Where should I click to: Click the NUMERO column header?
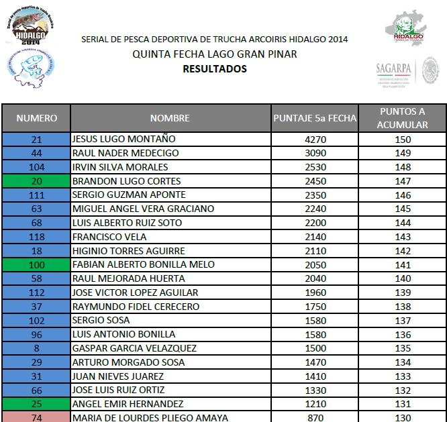coord(37,118)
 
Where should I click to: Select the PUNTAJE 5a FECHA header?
coord(315,118)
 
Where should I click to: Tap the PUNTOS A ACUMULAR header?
coord(403,118)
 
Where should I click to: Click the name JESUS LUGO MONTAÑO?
coord(123,140)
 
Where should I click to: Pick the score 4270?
coord(315,140)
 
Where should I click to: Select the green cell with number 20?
coord(37,181)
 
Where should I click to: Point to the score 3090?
coord(315,154)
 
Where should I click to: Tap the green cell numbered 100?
coord(37,265)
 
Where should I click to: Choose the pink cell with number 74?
coord(37,417)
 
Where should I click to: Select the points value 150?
coord(403,140)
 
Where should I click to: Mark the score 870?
coord(315,417)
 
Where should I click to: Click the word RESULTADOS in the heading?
coord(215,68)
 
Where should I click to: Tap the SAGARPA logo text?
coord(393,67)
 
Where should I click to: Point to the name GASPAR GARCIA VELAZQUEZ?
coord(134,348)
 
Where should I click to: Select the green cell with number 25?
coord(37,404)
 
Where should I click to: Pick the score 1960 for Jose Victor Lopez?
coord(315,293)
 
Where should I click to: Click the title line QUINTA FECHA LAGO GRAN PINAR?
coord(215,54)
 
